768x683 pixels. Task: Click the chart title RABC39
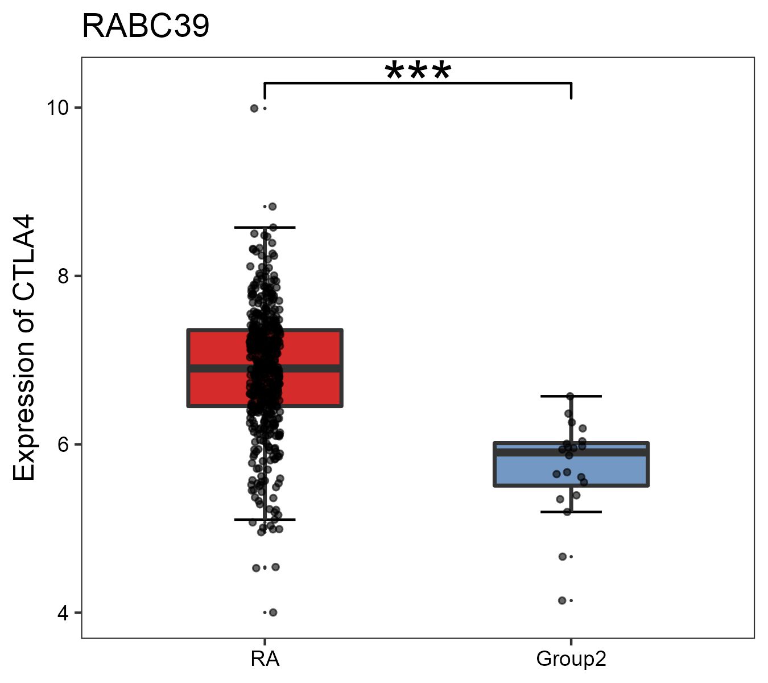tap(146, 27)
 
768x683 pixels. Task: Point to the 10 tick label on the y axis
tap(57, 108)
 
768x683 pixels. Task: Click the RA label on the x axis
tap(265, 660)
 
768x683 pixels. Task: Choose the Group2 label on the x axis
tap(571, 660)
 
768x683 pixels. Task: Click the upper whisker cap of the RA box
tap(265, 228)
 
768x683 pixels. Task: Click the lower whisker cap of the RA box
tap(265, 520)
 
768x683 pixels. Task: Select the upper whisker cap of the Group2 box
tap(571, 396)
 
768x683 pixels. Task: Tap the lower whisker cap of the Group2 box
tap(571, 512)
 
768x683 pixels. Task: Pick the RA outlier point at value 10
tap(254, 108)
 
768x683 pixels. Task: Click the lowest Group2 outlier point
tap(562, 600)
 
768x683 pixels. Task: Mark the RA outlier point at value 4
tap(273, 612)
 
